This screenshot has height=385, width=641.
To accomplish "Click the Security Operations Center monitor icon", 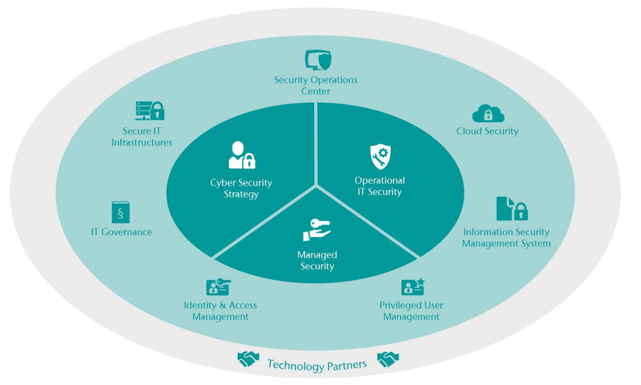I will pyautogui.click(x=318, y=60).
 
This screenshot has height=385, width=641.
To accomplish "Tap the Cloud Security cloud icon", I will pyautogui.click(x=488, y=113).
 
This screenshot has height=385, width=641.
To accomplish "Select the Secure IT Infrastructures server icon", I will pyautogui.click(x=150, y=111).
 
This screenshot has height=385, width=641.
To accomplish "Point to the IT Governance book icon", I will pyautogui.click(x=121, y=212).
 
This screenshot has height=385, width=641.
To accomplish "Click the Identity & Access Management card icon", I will pyautogui.click(x=218, y=287).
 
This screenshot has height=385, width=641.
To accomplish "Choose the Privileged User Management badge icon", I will pyautogui.click(x=412, y=287).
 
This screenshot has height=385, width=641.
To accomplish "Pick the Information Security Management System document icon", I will pyautogui.click(x=511, y=209).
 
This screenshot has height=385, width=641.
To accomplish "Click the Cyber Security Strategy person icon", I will pyautogui.click(x=242, y=155).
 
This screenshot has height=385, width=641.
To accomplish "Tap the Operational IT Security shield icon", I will pyautogui.click(x=380, y=157).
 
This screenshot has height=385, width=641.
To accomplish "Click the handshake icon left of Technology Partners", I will pyautogui.click(x=248, y=359).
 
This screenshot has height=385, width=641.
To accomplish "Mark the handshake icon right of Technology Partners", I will pyautogui.click(x=388, y=359).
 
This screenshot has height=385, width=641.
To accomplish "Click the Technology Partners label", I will pyautogui.click(x=317, y=364).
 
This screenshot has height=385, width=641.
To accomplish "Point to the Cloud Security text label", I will pyautogui.click(x=487, y=131).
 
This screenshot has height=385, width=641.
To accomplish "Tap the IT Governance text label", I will pyautogui.click(x=121, y=232).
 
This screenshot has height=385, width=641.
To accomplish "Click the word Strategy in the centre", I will pyautogui.click(x=241, y=194).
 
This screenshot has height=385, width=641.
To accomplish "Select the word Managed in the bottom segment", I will pyautogui.click(x=317, y=255).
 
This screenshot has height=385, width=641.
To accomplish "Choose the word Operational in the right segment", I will pyautogui.click(x=380, y=180).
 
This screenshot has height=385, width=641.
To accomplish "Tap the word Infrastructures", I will pyautogui.click(x=142, y=142).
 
